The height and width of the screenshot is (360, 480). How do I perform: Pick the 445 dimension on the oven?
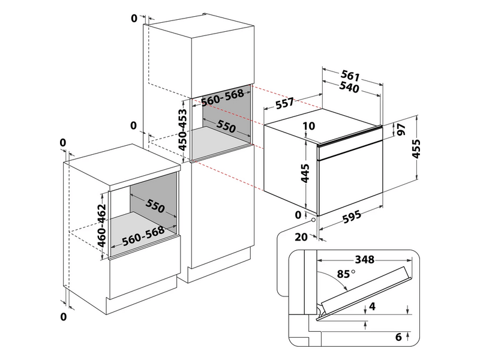click(305, 173)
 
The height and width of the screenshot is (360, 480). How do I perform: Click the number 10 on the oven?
click(309, 126)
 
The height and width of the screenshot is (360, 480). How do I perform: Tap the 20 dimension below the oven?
click(301, 237)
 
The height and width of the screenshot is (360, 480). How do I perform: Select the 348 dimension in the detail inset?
click(364, 260)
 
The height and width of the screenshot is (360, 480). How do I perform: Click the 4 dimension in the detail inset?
click(372, 307)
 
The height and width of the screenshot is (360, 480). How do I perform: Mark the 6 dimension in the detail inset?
click(398, 336)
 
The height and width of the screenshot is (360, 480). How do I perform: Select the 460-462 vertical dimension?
click(102, 225)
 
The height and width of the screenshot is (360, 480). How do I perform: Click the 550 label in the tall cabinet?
click(226, 127)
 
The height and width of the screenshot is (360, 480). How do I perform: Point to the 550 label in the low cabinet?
click(154, 207)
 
